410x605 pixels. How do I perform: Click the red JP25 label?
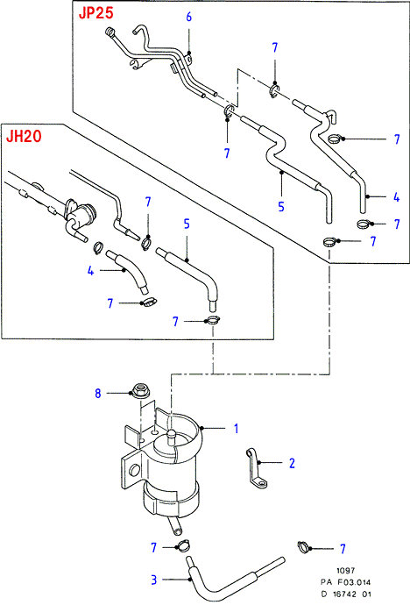tap(96, 13)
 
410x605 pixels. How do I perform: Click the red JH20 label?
tap(24, 136)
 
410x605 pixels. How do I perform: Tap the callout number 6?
tap(189, 17)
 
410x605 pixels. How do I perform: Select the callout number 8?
tap(98, 393)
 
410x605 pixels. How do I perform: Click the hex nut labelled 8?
tap(138, 390)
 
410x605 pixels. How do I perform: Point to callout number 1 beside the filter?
tap(237, 428)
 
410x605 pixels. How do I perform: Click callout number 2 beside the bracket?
tap(292, 463)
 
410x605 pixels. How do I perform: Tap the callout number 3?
tap(154, 580)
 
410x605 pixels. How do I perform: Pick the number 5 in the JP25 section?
tap(281, 206)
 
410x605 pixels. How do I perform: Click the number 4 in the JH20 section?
tap(90, 270)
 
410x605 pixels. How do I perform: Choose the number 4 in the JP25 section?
tap(397, 196)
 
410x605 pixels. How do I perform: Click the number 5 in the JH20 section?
tap(187, 224)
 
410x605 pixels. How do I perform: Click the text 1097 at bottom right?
tap(346, 570)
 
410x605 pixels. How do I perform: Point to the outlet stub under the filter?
tap(174, 526)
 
